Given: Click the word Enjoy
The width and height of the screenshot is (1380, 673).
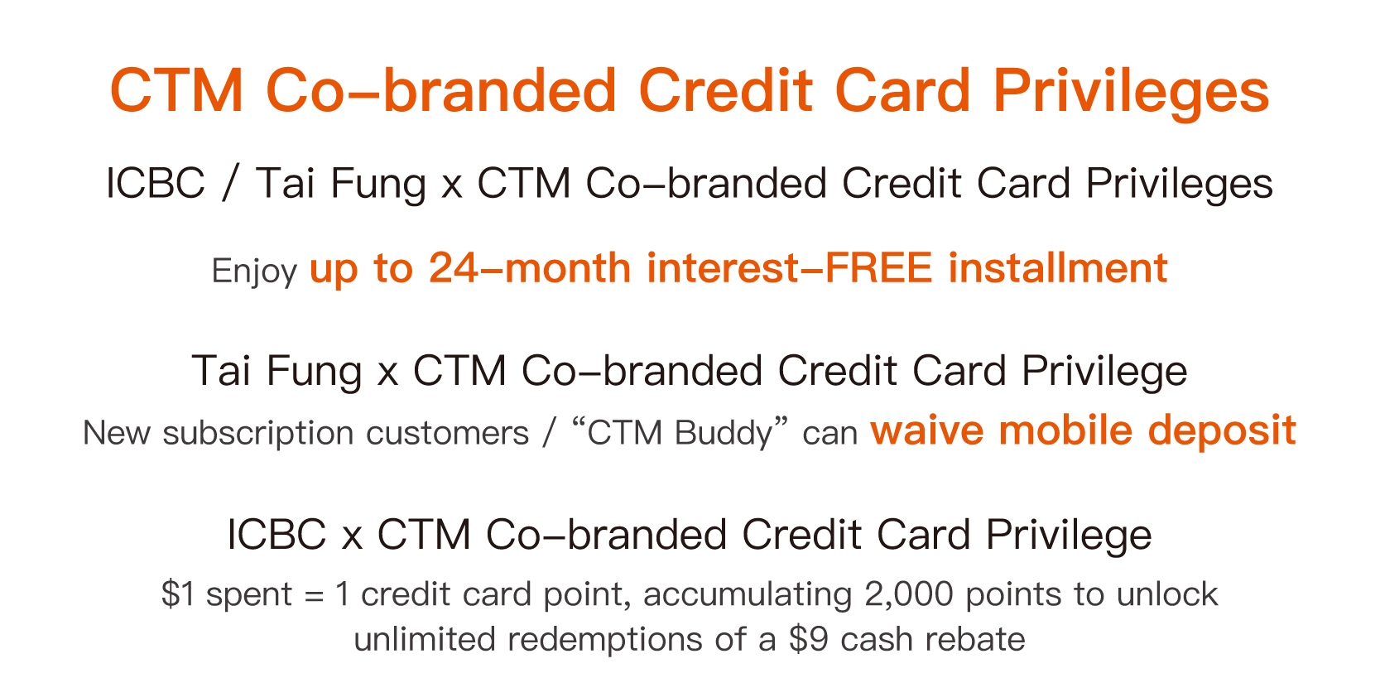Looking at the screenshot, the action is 254,272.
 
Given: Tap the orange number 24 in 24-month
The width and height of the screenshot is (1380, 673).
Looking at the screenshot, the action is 453,268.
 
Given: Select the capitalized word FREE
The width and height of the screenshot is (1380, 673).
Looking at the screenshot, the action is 878,268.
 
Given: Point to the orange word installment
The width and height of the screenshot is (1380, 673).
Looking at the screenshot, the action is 1058,268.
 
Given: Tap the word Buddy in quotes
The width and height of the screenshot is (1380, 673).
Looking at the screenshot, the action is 724,433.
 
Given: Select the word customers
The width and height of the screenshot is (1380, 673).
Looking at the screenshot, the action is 447,433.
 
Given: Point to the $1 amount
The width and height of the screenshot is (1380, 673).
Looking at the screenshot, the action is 179,594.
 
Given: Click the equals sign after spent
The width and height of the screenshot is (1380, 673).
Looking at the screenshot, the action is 314,596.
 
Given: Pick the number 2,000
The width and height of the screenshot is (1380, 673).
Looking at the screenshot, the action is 908,594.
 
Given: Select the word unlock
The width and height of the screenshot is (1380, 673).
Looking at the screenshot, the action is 1167,594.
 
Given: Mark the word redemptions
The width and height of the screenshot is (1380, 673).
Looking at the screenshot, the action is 605,639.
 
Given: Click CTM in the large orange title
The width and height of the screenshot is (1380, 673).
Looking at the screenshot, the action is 177,90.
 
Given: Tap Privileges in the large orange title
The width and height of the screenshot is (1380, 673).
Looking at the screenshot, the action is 1131,93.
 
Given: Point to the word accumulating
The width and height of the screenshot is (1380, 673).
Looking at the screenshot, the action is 748,595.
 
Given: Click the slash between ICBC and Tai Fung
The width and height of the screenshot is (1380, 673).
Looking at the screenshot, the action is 230,183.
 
